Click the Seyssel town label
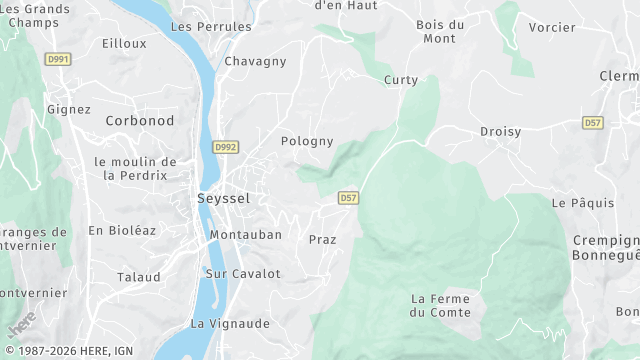223,199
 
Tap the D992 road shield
225,147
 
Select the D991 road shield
58,60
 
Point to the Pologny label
307,142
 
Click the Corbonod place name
140,121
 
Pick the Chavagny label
256,62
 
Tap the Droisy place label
500,132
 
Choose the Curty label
401,80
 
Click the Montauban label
245,235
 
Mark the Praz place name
322,240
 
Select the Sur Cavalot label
243,274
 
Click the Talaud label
138,277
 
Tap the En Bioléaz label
122,230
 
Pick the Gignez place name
68,110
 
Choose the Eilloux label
124,44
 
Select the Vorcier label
552,27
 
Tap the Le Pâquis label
582,203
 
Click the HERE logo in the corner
21,323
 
